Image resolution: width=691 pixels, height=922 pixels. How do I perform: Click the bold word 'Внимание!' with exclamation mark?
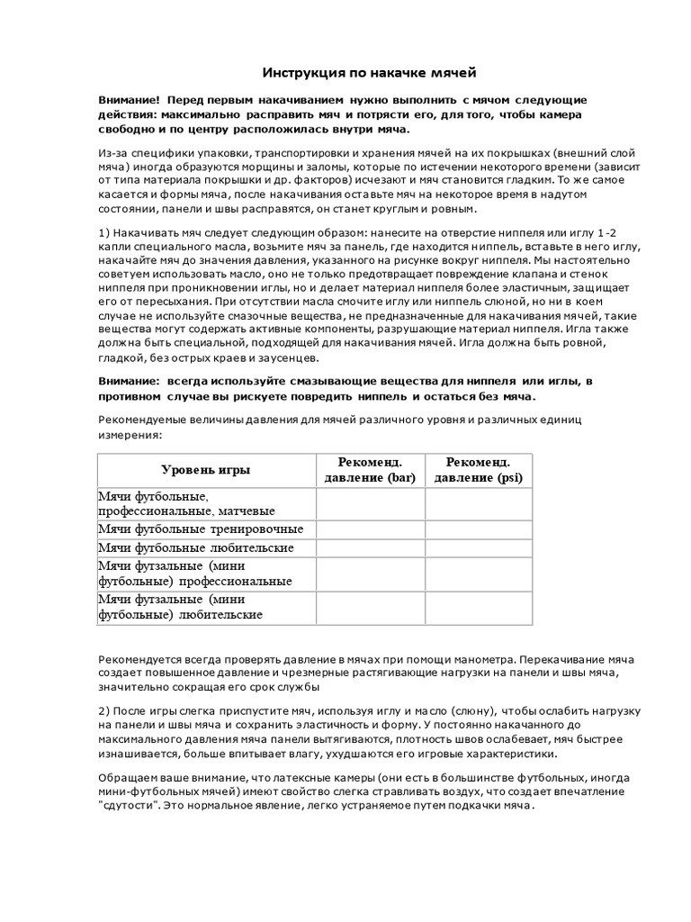click(x=130, y=99)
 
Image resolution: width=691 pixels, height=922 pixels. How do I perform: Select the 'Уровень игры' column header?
click(x=206, y=470)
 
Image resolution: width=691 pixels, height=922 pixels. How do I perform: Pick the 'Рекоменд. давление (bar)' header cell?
click(x=369, y=470)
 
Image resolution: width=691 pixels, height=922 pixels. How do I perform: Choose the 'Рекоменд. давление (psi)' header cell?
click(x=478, y=470)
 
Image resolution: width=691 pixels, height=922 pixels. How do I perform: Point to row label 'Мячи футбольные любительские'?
click(x=195, y=547)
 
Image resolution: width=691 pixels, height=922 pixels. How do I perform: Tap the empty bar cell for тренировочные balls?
click(x=369, y=529)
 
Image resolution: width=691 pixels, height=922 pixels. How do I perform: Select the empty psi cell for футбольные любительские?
click(x=478, y=547)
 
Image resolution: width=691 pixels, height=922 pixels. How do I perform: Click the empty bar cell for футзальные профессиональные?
click(x=369, y=574)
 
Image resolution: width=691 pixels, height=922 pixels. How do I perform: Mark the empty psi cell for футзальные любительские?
click(x=478, y=607)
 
